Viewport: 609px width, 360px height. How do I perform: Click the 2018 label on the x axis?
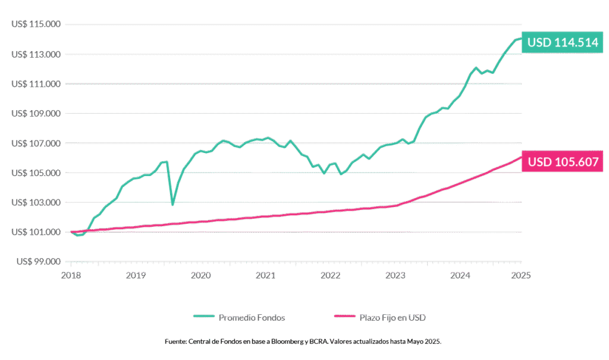(72, 276)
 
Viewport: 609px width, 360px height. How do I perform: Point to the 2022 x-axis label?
(331, 276)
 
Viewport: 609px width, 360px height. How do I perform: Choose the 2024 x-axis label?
(460, 276)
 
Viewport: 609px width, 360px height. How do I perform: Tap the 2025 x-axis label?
(522, 276)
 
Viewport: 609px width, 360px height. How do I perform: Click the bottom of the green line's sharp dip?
(172, 205)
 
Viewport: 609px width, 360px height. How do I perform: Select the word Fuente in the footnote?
(175, 342)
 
